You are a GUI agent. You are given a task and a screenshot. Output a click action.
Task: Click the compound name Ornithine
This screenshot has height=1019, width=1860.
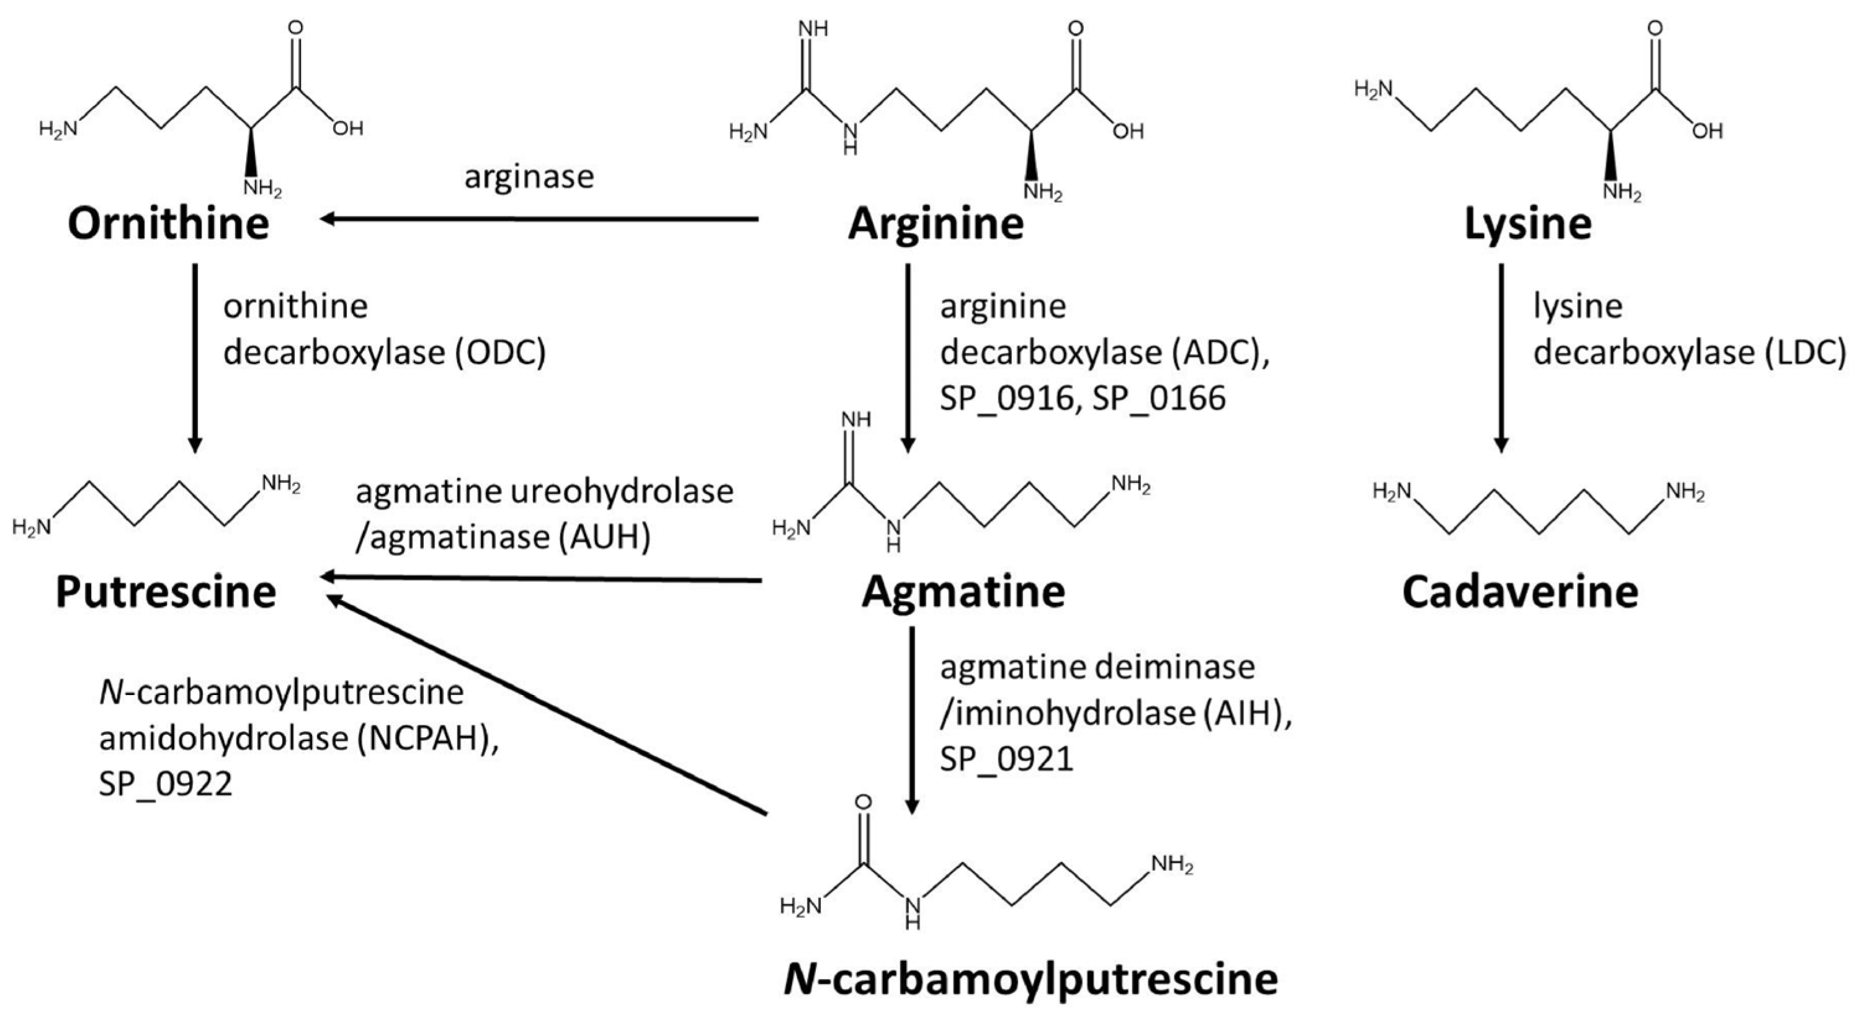point(168,224)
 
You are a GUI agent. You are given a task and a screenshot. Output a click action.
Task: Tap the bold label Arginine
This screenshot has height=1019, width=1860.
point(936,224)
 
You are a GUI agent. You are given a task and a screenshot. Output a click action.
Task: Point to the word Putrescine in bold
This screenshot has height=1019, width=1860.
point(166,592)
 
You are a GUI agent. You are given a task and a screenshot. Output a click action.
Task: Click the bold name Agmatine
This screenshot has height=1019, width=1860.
point(964,592)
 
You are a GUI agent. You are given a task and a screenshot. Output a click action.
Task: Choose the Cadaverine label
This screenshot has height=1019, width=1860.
point(1520,592)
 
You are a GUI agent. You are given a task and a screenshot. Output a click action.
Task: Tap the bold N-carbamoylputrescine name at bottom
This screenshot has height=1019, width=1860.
point(1031,979)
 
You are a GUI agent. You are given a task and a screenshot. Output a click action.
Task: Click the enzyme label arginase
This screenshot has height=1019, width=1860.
point(529,177)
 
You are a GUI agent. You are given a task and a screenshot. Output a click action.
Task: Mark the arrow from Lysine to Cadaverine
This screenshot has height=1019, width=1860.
point(1501,357)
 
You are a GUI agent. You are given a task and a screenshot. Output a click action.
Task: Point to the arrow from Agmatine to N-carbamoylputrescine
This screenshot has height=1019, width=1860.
point(911,719)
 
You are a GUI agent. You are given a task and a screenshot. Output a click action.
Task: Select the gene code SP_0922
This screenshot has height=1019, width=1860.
point(166,784)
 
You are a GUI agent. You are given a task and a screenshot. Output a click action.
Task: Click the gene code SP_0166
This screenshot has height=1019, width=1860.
point(1158,398)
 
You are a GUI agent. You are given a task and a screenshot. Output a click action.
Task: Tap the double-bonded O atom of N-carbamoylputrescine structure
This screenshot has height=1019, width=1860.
point(863,802)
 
